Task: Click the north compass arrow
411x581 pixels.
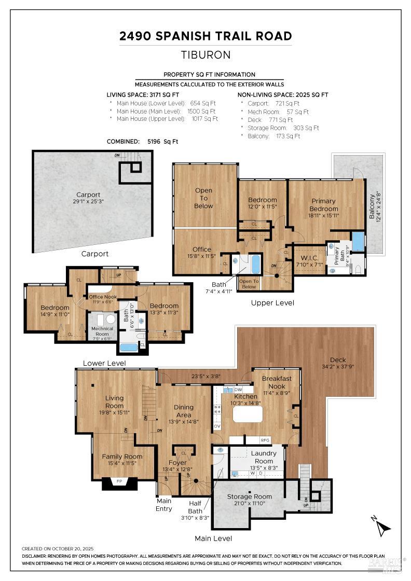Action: pos(383,528)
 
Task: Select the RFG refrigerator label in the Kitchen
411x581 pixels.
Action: pos(265,440)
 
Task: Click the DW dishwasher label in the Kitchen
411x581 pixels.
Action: pos(238,390)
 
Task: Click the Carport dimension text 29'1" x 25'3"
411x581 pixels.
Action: pos(88,202)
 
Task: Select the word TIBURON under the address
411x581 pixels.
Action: pos(205,54)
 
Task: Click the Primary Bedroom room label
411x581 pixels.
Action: pos(324,204)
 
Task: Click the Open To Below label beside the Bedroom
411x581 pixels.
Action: pos(203,198)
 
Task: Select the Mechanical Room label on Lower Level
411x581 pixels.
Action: pos(102,330)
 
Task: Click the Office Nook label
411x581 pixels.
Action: pos(103,297)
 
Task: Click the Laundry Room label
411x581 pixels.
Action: pos(264,457)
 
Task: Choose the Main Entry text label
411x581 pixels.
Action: pos(164,505)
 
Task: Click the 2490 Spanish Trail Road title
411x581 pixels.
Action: pos(205,36)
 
